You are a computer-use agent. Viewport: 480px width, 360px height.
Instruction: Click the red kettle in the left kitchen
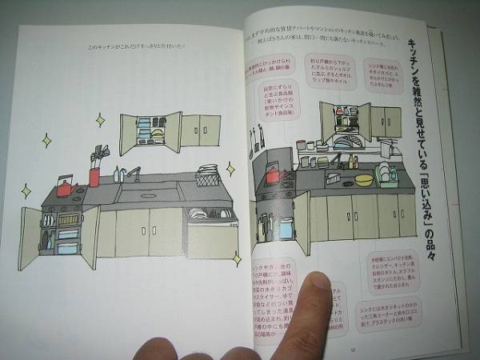pyautogui.click(x=65, y=189)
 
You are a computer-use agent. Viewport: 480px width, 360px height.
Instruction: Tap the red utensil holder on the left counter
pyautogui.click(x=95, y=174)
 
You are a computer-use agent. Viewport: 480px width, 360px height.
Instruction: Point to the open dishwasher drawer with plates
pyautogui.click(x=210, y=214)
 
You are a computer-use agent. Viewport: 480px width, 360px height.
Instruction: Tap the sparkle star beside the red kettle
pyautogui.click(x=26, y=190)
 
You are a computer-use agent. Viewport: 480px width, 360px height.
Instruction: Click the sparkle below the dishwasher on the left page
pyautogui.click(x=237, y=258)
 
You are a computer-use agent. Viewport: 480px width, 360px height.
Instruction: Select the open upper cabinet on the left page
pyautogui.click(x=150, y=131)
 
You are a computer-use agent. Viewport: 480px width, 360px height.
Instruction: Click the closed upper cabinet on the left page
pyautogui.click(x=201, y=130)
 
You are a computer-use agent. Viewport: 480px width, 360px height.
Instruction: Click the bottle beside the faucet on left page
pyautogui.click(x=118, y=174)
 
